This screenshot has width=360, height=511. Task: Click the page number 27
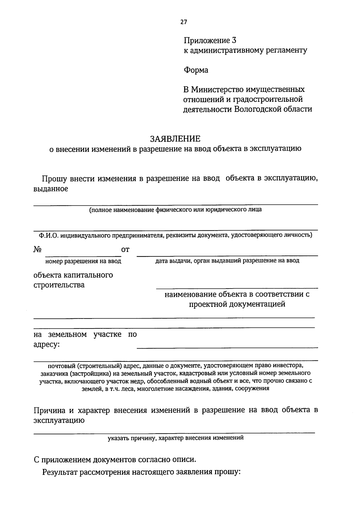click(184, 22)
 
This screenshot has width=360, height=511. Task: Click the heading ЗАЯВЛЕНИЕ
click(175, 139)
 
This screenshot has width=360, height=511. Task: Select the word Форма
click(196, 70)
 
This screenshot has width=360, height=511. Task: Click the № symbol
click(37, 250)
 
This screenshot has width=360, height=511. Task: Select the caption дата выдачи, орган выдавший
click(227, 261)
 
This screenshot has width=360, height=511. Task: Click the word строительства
click(59, 285)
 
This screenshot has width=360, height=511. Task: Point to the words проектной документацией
click(237, 304)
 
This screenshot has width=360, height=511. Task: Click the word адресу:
click(46, 345)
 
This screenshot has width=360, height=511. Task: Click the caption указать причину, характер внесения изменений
click(176, 438)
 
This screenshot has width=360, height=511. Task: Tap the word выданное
click(50, 189)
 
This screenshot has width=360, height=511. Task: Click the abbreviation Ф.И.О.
click(47, 235)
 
